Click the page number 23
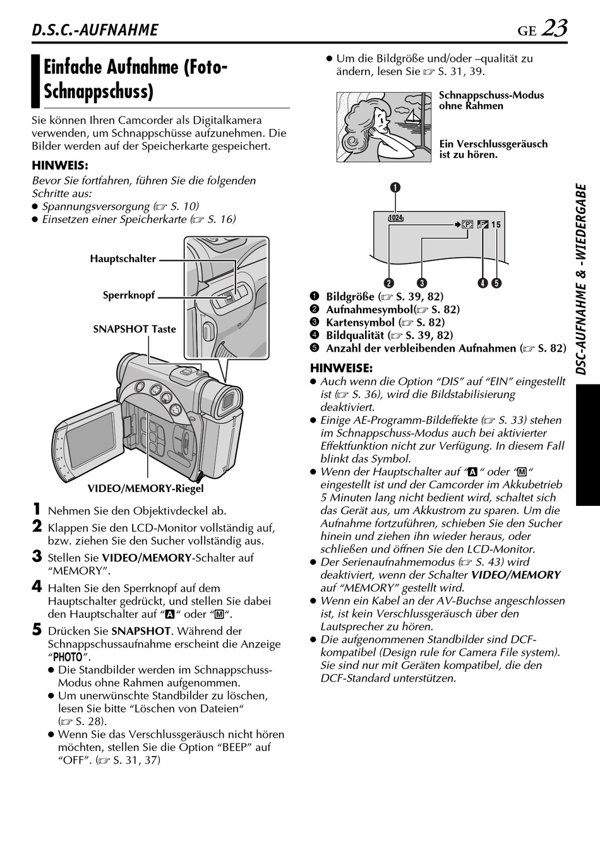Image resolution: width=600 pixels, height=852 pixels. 555,28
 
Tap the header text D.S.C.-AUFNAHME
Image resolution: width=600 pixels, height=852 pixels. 95,30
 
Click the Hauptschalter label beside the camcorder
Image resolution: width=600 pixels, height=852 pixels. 123,259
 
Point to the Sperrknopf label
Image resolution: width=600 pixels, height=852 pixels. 129,295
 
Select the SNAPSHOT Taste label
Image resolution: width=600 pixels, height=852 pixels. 135,329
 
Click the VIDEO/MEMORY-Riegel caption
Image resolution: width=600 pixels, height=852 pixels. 145,489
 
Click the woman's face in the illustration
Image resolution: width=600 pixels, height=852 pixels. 381,120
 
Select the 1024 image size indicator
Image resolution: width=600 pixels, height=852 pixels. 396,218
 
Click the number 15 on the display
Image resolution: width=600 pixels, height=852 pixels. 496,225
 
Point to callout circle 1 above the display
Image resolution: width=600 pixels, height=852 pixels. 395,187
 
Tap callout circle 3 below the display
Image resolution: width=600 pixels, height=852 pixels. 422,283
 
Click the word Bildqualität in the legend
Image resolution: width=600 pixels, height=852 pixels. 355,335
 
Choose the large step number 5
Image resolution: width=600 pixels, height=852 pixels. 37,630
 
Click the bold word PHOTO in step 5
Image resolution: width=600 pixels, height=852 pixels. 68,657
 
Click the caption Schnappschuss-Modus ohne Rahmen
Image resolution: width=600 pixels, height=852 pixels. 491,100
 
